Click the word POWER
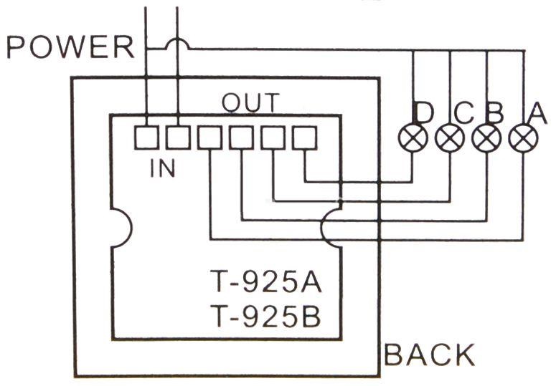coord(70,47)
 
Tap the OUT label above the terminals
coord(250,103)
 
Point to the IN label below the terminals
coord(164,168)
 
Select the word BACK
coord(430,354)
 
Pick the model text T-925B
coord(265,316)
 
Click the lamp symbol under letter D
coord(413,138)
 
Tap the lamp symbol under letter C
coord(450,138)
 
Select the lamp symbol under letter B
coord(487,138)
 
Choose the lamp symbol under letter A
coord(524,138)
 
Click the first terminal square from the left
coord(146,137)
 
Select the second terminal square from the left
coord(177,137)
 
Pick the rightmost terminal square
coord(305,137)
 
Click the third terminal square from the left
coord(209,137)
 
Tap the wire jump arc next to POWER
coord(176,44)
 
